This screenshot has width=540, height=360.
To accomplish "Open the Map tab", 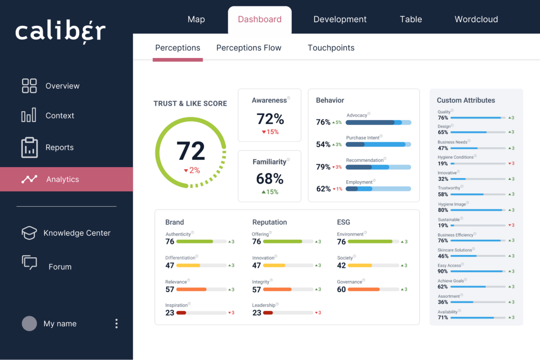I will click(196, 20).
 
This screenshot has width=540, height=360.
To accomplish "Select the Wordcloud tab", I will click(476, 20).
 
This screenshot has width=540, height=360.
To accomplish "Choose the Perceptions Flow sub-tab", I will click(249, 48).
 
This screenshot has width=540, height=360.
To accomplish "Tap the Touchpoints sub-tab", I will click(331, 48).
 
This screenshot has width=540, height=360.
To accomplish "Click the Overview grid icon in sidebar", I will click(29, 86).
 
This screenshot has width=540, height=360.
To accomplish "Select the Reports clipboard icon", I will click(29, 148).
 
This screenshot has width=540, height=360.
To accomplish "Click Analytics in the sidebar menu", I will click(62, 179).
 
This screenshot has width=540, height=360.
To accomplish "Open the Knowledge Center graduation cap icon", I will click(29, 233).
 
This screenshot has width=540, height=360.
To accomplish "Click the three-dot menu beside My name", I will click(117, 324).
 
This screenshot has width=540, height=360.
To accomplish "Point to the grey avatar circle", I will click(29, 324).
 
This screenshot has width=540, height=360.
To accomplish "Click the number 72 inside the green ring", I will click(190, 151).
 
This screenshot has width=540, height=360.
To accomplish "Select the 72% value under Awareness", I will click(270, 119).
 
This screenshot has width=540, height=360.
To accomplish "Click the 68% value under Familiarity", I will click(270, 179).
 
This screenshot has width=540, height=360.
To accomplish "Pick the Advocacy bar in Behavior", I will click(378, 122).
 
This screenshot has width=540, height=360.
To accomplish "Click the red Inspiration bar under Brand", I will click(181, 313).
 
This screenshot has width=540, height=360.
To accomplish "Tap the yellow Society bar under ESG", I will click(360, 266).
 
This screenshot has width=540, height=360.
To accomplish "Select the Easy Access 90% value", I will click(443, 271).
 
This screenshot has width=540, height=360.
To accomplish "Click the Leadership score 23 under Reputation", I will click(257, 313).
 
